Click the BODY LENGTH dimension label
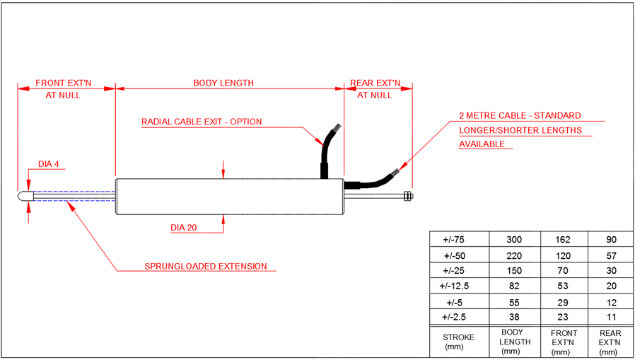point(223,83)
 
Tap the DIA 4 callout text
point(49,165)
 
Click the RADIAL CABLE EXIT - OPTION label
point(202,122)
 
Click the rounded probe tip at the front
point(25,196)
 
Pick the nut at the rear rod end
point(407,196)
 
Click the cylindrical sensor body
point(229,196)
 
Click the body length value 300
point(515,240)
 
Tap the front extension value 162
point(564,240)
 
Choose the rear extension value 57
point(610,255)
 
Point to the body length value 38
point(515,316)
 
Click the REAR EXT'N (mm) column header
point(610,342)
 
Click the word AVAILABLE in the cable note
point(482,144)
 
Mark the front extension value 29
point(564,301)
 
